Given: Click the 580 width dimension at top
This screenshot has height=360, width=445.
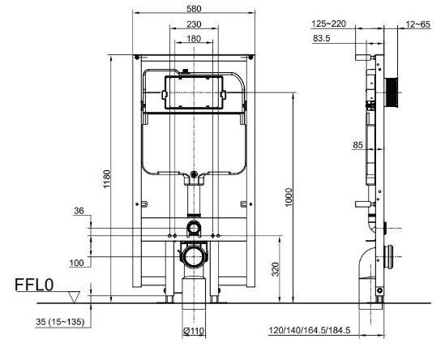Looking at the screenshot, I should pyautogui.click(x=195, y=10).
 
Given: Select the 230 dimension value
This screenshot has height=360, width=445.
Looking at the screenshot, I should pyautogui.click(x=194, y=24).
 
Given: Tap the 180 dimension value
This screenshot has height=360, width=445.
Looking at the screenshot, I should pyautogui.click(x=194, y=38).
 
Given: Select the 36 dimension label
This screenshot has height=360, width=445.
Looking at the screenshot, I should pyautogui.click(x=79, y=211).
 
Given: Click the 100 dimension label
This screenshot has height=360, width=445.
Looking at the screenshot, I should pyautogui.click(x=76, y=263).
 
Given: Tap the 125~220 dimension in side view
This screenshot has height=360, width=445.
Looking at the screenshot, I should pyautogui.click(x=328, y=24).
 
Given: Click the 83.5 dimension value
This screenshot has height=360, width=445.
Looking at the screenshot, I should pyautogui.click(x=323, y=38).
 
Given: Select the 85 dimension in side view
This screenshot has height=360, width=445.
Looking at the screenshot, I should pyautogui.click(x=336, y=146).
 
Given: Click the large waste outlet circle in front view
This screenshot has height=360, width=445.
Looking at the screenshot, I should pyautogui.click(x=193, y=258).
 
